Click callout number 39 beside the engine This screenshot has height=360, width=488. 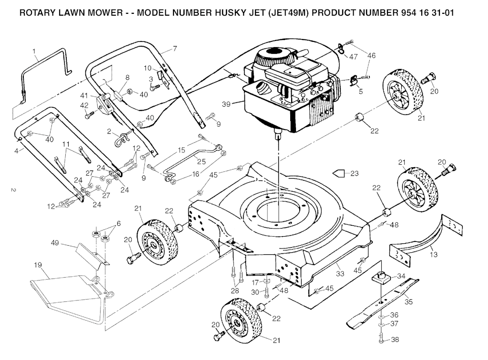click(x=227, y=104)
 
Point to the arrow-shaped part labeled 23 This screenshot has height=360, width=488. click(x=340, y=173)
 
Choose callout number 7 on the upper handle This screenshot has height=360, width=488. click(x=174, y=48)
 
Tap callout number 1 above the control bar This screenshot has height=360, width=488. click(x=34, y=50)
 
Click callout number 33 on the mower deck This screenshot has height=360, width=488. click(x=340, y=274)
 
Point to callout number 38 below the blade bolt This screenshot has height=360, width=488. click(x=395, y=340)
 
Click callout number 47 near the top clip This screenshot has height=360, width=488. click(x=353, y=57)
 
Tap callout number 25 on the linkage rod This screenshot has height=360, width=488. click(x=201, y=161)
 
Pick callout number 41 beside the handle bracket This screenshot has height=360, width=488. click(x=84, y=96)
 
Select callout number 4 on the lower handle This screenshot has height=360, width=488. click(x=16, y=150)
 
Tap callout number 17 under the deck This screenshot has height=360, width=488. click(x=255, y=282)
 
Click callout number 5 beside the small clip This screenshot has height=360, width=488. click(x=360, y=91)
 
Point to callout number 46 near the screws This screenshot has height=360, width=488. click(x=371, y=56)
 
